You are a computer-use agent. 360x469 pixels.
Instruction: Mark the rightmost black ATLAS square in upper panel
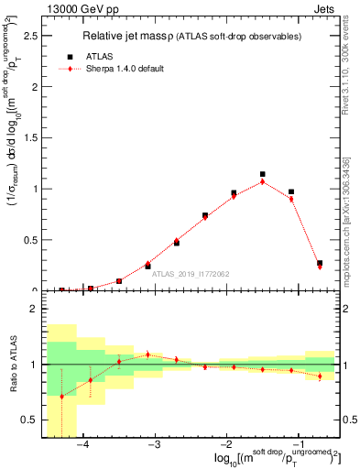320,263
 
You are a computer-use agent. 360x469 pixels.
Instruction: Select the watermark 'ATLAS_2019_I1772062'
192,273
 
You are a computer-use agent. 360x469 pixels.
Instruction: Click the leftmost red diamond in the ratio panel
62,397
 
